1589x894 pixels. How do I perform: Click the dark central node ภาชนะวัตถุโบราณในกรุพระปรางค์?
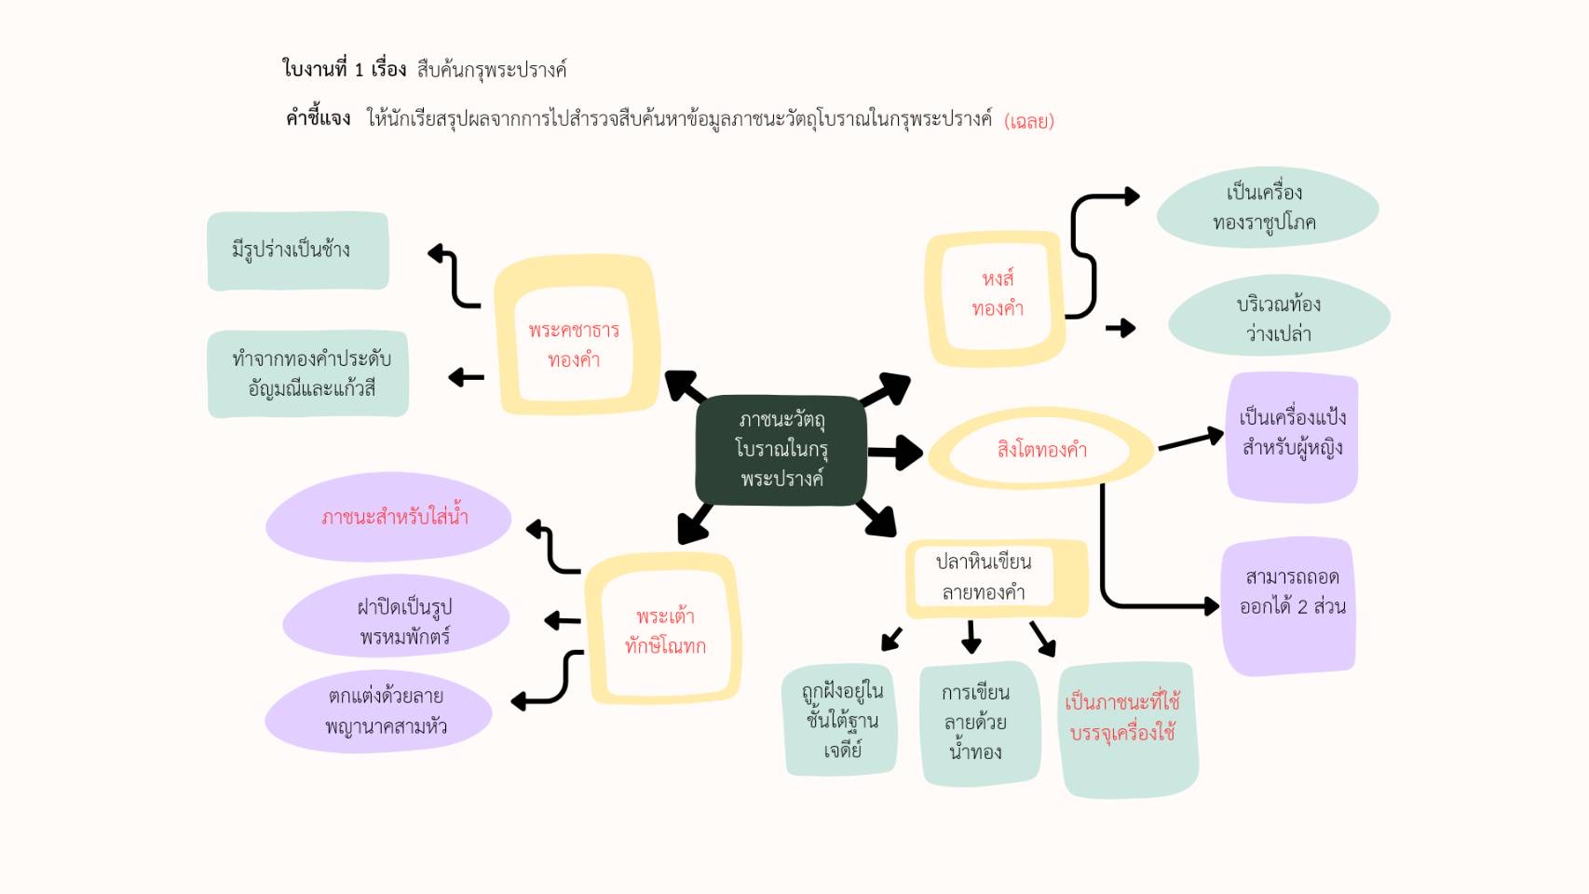(x=781, y=450)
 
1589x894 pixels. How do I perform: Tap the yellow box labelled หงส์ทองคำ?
(x=996, y=296)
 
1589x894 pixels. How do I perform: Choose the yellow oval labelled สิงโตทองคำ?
(x=1040, y=450)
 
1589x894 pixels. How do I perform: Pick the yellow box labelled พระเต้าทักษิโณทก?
(x=664, y=630)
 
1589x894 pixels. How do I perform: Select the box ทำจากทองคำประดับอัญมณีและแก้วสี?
(x=308, y=373)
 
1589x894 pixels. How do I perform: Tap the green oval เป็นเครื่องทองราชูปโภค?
(x=1267, y=208)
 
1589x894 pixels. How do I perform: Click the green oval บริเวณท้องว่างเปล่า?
(x=1279, y=317)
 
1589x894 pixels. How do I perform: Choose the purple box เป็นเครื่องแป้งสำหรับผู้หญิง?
(x=1292, y=436)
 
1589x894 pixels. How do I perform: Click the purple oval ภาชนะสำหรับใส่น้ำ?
(x=389, y=517)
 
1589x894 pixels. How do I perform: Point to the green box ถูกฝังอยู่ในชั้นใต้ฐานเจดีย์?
(x=840, y=720)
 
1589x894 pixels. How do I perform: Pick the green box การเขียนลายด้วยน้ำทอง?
(x=978, y=723)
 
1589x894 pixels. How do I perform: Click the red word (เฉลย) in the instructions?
(x=1029, y=121)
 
